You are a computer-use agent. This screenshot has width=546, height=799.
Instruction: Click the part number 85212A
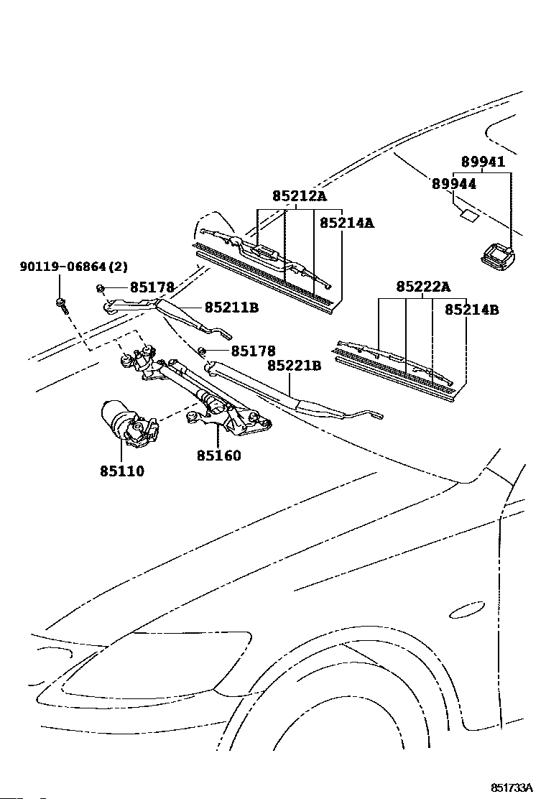tap(299, 195)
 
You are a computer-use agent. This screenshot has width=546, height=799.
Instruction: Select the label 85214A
tap(347, 223)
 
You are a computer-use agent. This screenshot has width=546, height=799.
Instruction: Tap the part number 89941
tap(483, 162)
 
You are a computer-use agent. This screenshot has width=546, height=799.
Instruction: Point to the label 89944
tap(454, 183)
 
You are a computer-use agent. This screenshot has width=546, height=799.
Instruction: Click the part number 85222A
tap(423, 287)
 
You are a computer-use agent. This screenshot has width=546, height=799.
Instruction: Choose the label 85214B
tap(471, 309)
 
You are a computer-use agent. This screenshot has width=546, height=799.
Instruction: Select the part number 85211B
tap(232, 308)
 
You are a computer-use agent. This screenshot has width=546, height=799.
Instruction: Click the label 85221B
tap(295, 365)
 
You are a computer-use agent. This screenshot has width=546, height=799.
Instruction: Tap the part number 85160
tap(219, 455)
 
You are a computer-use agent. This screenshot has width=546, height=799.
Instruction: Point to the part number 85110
tap(122, 471)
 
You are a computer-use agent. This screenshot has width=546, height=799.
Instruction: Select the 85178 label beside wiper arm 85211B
tap(152, 287)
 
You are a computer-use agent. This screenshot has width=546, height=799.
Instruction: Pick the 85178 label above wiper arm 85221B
tap(253, 351)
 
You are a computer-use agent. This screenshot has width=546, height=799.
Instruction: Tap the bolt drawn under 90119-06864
tap(61, 304)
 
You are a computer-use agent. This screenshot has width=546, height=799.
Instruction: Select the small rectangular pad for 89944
tap(469, 216)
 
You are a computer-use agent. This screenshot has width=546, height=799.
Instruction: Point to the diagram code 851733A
tap(511, 788)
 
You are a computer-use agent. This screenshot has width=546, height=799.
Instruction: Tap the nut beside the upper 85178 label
tap(101, 289)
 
